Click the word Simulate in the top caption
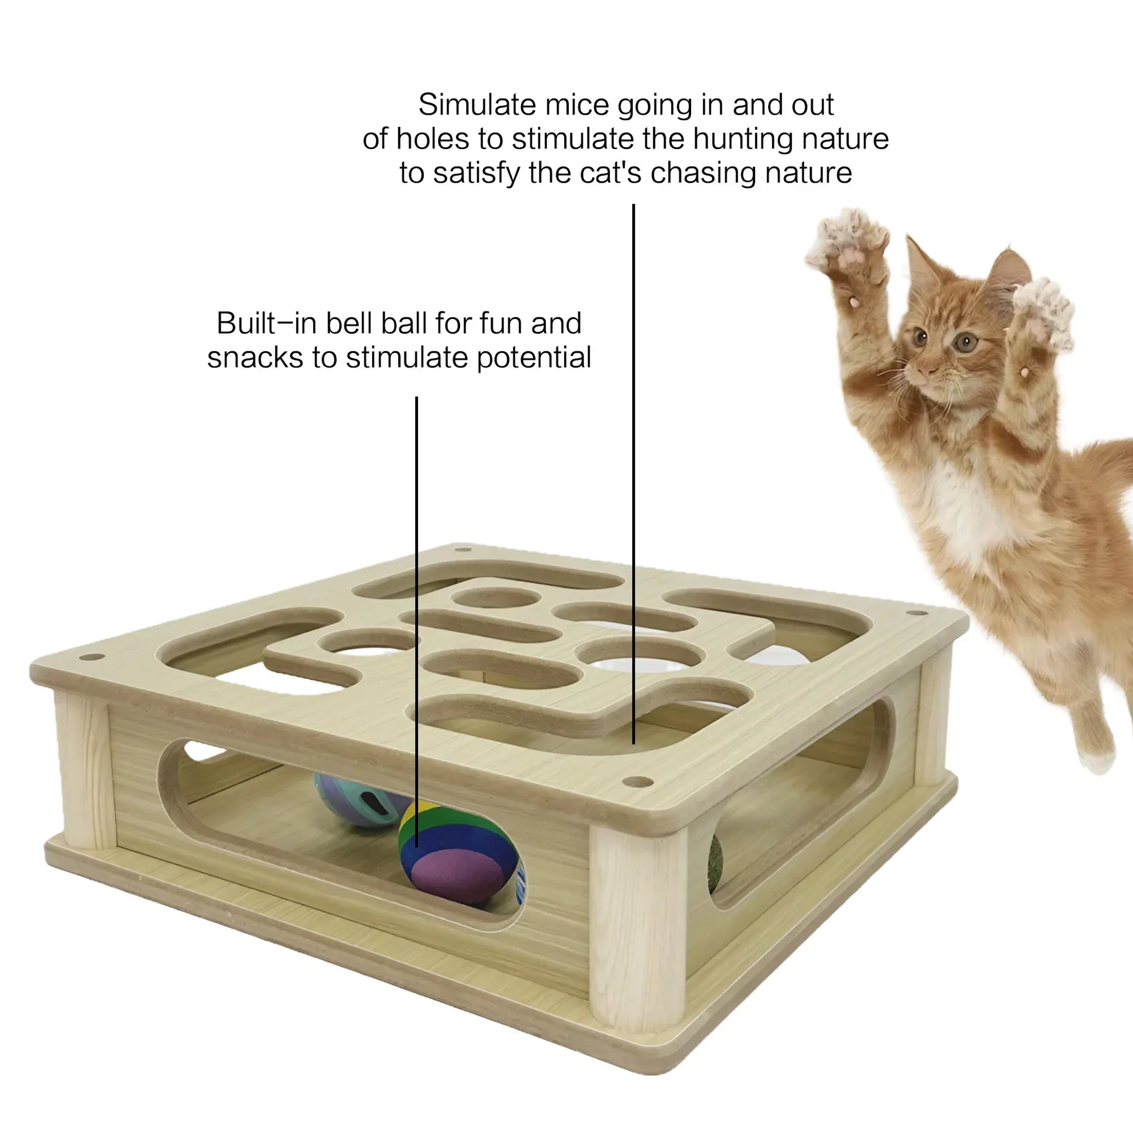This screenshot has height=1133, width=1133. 477,105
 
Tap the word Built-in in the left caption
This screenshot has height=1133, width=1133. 267,323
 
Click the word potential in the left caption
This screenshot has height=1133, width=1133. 534,357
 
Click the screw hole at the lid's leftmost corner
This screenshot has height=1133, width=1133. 91,657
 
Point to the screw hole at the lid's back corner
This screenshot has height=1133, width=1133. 463,550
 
